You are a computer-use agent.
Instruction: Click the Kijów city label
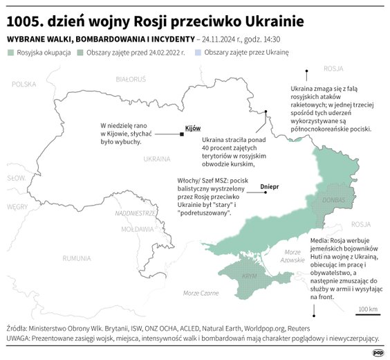pos(193,128)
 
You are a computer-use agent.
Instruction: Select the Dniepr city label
pos(269,187)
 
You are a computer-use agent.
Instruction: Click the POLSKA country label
pos(24,84)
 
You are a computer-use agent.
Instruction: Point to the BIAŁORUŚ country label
pos(130,80)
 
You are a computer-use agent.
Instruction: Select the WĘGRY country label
pos(17,206)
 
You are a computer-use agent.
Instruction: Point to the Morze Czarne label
pos(201,294)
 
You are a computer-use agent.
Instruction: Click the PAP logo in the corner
pos(378,352)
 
